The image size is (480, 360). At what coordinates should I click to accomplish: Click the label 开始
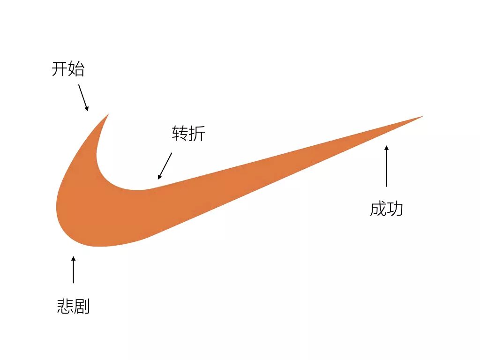[x=68, y=69]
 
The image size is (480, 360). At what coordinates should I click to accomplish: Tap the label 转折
[x=188, y=134]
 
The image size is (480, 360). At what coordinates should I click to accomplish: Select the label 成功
[x=386, y=209]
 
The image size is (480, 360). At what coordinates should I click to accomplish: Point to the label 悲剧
[x=73, y=306]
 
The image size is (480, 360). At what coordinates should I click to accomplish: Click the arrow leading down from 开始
[x=83, y=97]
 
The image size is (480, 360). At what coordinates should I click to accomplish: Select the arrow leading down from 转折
[x=165, y=166]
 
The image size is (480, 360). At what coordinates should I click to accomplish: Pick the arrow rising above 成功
[x=387, y=166]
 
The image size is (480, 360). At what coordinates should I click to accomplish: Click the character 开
[x=60, y=69]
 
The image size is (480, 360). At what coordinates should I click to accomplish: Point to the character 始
[x=76, y=69]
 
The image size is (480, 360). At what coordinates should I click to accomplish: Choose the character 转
[x=180, y=134]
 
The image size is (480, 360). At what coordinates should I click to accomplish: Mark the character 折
[x=197, y=134]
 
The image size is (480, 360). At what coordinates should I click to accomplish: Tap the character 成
[x=378, y=209]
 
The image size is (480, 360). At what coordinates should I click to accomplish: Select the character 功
[x=395, y=209]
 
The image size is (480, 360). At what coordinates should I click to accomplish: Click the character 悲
[x=65, y=306]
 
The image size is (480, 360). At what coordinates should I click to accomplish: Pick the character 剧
[x=82, y=306]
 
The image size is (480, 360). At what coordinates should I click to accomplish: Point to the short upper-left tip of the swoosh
[x=107, y=115]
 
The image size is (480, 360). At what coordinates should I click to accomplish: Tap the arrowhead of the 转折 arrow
[x=159, y=177]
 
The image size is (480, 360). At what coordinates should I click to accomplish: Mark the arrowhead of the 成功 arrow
[x=387, y=148]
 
